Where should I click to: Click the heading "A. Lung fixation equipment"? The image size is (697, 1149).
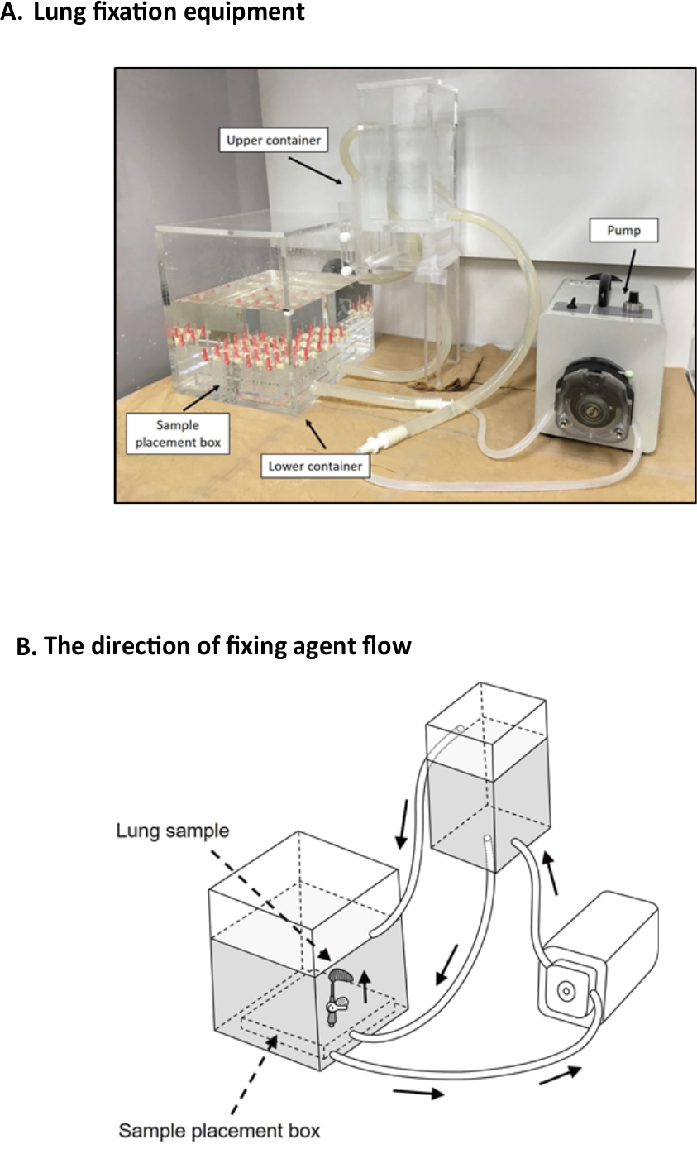153,13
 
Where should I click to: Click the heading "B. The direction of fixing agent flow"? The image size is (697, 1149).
213,645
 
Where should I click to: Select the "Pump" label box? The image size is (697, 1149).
623,230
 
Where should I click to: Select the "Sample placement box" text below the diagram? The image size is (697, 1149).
220,1128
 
